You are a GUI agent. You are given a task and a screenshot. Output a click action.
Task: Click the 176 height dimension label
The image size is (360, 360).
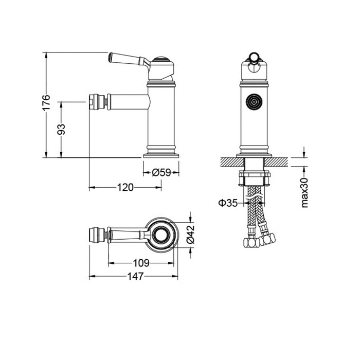(x=46, y=102)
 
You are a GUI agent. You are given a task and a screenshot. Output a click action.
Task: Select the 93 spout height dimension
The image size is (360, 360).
(x=61, y=129)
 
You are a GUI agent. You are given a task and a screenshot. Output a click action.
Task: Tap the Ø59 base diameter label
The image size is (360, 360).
(x=161, y=172)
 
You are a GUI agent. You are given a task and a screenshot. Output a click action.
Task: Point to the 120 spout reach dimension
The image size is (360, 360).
(x=125, y=187)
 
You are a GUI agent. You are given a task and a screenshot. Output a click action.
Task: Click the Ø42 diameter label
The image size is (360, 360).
(x=190, y=234)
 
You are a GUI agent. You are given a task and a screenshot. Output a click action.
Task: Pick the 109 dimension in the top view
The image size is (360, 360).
(x=141, y=263)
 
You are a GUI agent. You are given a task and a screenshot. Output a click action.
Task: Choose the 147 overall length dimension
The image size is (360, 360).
(x=135, y=277)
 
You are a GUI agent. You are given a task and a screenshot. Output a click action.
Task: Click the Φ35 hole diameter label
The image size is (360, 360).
(x=228, y=203)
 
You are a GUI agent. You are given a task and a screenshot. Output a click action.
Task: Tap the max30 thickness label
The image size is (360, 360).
(x=304, y=193)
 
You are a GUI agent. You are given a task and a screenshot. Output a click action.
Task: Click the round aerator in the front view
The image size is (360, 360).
(x=254, y=101)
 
